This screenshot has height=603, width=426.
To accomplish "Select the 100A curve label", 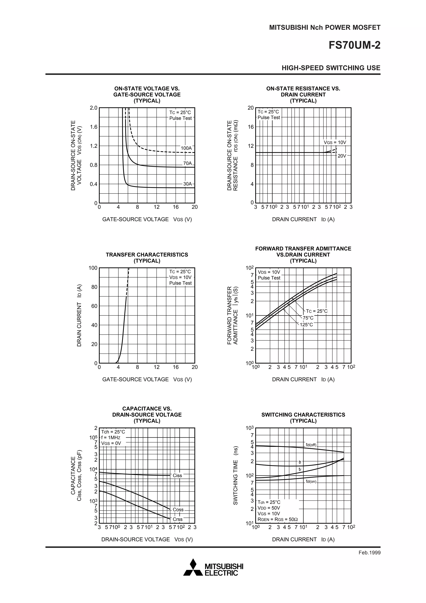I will tap(186, 148).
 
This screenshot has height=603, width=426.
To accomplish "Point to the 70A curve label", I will tap(187, 163).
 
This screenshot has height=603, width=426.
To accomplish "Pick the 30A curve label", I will tap(187, 184).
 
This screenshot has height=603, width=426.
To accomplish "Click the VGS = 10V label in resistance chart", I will tap(335, 142).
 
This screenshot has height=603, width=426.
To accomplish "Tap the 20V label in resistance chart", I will tap(342, 156).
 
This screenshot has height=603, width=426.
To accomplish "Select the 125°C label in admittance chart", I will tap(306, 325).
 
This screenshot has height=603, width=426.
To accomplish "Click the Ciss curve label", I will tap(177, 475).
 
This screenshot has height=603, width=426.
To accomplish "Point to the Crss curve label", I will tap(177, 519).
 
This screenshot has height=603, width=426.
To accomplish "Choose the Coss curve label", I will tap(178, 510).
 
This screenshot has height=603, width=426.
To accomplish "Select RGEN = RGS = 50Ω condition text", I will tap(277, 519).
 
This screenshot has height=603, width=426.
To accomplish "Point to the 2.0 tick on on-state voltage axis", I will tap(93, 108).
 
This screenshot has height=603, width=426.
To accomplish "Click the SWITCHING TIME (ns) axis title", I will tap(235, 475).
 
